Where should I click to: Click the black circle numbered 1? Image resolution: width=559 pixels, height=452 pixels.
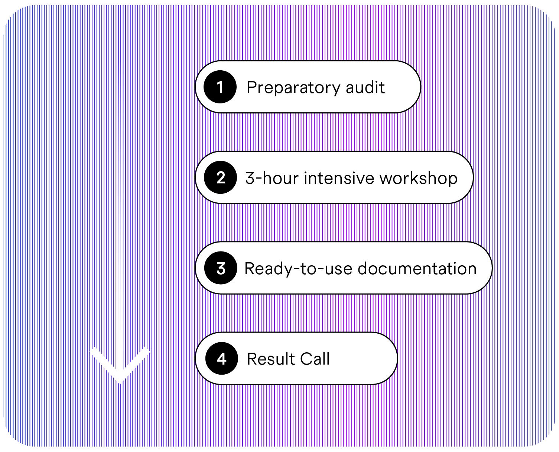click(x=220, y=87)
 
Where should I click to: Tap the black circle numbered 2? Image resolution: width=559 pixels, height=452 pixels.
click(x=221, y=177)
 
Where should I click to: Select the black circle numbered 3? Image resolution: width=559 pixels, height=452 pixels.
click(x=221, y=268)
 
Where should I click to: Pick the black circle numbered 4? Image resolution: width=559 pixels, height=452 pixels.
click(x=221, y=359)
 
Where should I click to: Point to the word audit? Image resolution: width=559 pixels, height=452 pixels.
click(x=365, y=87)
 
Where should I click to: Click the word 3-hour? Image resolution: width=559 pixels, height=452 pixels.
click(x=272, y=178)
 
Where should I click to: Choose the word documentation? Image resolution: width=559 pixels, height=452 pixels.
click(x=417, y=269)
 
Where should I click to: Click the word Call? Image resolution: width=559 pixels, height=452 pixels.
click(x=315, y=359)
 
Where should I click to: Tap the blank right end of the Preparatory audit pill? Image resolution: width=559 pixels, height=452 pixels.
click(x=403, y=87)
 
